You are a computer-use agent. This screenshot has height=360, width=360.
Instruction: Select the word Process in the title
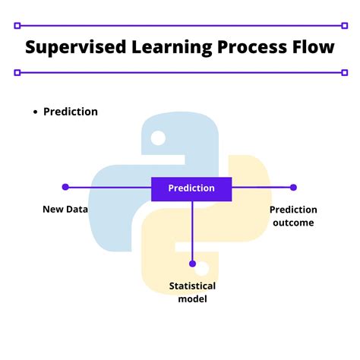(243, 47)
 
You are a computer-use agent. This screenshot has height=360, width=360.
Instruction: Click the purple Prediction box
(191, 188)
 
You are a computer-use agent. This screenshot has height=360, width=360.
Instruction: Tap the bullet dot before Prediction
(35, 112)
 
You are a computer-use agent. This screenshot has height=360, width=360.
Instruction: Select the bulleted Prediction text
(71, 112)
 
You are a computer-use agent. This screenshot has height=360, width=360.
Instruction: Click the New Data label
(65, 209)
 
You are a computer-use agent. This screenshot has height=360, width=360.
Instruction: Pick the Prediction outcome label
(293, 216)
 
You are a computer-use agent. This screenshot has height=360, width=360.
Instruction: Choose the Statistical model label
(192, 292)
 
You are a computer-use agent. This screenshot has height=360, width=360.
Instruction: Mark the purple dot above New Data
(65, 187)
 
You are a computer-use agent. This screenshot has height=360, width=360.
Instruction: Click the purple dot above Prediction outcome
(293, 187)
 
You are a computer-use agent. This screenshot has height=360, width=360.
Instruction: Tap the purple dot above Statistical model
(192, 264)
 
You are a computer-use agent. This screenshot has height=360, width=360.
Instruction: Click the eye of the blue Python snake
(158, 137)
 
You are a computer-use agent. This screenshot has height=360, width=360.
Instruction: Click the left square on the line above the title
(17, 24)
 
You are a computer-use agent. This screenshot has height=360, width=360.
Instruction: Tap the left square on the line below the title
(17, 73)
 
